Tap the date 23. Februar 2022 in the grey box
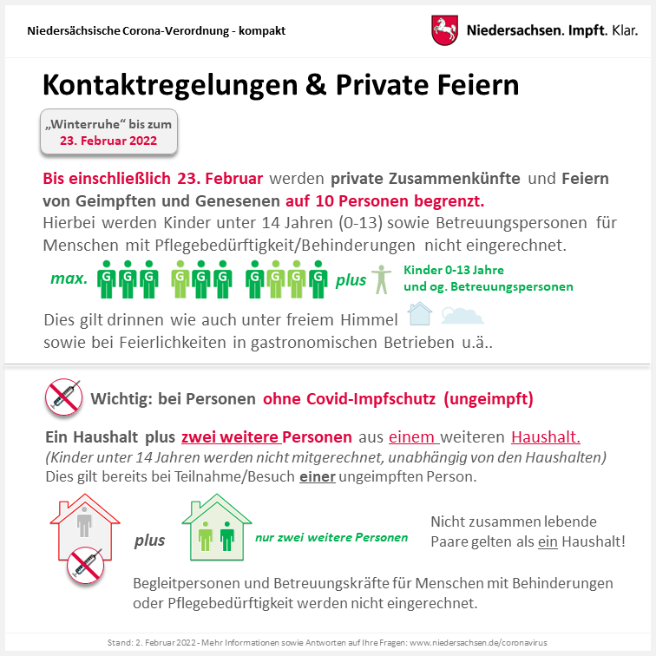[108, 140]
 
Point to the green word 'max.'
[68, 279]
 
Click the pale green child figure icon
[381, 279]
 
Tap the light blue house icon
[420, 313]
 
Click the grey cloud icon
[462, 314]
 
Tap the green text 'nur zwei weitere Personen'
[331, 537]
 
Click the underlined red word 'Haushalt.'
[546, 436]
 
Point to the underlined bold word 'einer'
[317, 476]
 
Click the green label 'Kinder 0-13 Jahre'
[454, 270]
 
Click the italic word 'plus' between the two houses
[149, 540]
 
